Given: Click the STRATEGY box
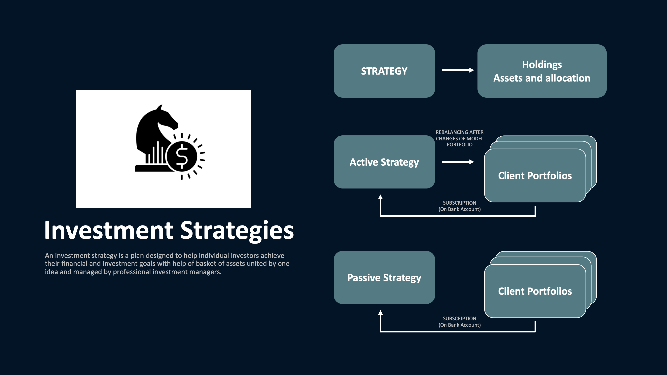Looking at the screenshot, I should (384, 71).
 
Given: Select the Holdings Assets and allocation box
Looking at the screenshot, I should (542, 71).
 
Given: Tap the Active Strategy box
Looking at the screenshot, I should (384, 162).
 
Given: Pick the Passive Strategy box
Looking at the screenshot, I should (384, 277).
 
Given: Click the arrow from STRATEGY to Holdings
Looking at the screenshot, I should (458, 70).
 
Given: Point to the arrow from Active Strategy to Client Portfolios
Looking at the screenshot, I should (458, 162).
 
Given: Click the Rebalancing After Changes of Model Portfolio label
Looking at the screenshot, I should (459, 138).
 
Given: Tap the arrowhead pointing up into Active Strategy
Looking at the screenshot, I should (380, 197).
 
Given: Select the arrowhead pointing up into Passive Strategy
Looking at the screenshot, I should (380, 313).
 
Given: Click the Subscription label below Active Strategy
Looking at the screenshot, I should (459, 206).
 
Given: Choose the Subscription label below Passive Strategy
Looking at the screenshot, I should (459, 322).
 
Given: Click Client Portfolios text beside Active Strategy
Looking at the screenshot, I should (535, 176).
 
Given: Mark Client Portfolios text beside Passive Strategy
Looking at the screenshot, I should (535, 291).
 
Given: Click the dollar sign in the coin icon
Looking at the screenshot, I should (182, 156).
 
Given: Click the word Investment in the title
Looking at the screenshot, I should (109, 230).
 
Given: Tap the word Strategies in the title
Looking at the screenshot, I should (237, 230).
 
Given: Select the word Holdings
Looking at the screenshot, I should (542, 64).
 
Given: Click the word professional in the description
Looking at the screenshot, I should (132, 272).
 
